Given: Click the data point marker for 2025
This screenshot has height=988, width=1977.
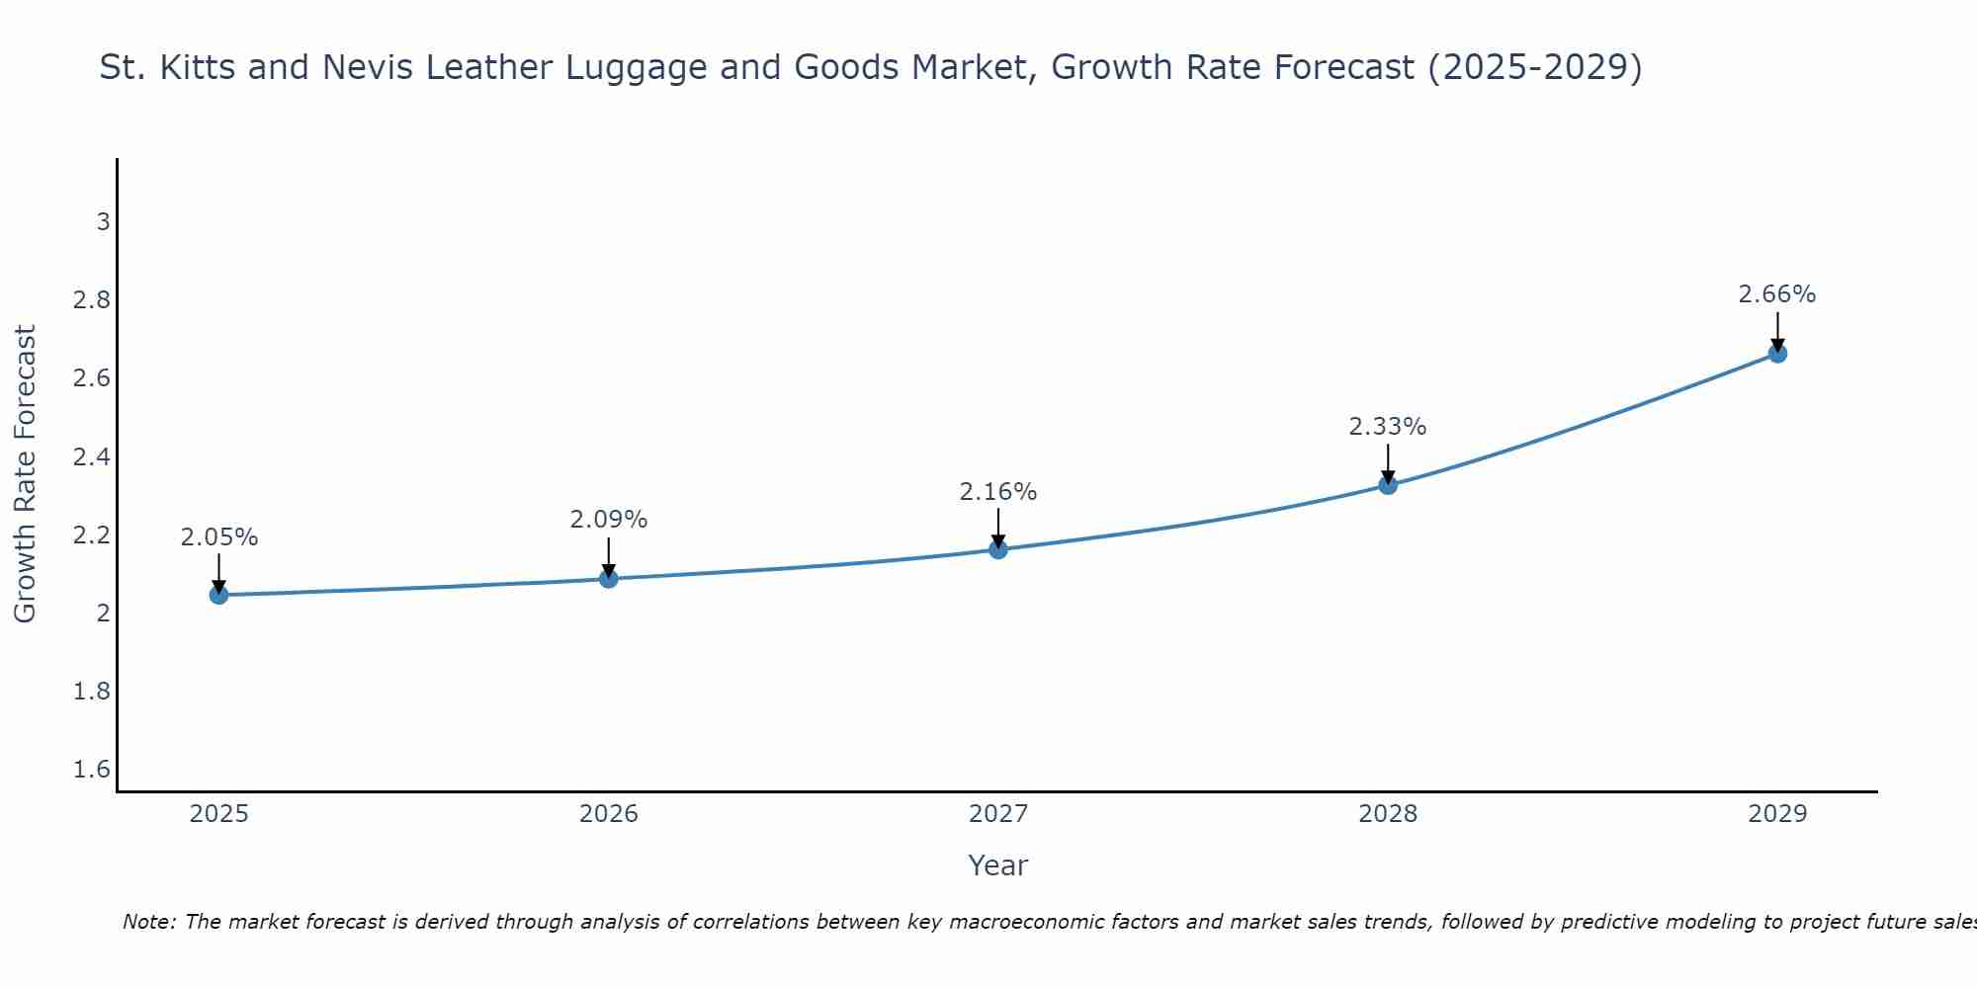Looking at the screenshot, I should tap(218, 595).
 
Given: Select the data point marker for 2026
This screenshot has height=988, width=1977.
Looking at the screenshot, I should tap(609, 579).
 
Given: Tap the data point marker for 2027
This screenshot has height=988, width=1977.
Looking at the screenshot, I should tap(998, 549).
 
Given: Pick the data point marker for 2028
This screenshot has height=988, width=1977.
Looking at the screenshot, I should tap(1388, 485).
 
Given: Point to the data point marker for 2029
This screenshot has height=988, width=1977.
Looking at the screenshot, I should tap(1777, 354).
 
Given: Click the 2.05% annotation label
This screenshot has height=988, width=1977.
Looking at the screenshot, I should tap(218, 537).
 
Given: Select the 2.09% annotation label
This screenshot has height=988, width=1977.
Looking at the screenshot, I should tap(609, 520).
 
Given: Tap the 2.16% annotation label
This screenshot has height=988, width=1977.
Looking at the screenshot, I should tap(998, 492).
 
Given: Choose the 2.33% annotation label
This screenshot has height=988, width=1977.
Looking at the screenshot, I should tap(1388, 427).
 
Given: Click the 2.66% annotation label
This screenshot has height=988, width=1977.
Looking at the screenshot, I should tap(1777, 294).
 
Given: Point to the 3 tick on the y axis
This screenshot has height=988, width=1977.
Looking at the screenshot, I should tap(103, 222).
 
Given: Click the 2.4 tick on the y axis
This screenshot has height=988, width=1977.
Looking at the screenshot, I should tap(92, 457).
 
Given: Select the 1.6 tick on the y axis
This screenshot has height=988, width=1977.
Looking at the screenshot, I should tap(92, 770).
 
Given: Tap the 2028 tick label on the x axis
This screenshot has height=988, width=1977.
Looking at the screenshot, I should tap(1388, 814).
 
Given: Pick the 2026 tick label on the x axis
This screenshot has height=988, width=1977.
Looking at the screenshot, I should tap(609, 814).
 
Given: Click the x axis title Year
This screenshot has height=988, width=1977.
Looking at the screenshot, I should tap(998, 865).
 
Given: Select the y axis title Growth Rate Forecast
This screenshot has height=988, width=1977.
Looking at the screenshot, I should tap(25, 474).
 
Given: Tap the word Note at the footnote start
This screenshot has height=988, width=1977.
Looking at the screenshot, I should tap(149, 922).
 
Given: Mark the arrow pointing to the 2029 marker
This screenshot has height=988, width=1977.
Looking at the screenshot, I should tap(1777, 332).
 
